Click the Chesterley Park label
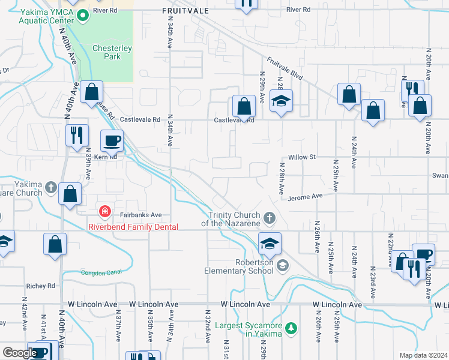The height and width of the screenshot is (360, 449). point(106,53)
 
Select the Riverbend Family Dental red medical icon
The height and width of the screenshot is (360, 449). point(105,211)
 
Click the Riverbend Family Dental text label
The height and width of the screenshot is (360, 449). point(133,227)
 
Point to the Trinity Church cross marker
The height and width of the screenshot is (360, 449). point(270,217)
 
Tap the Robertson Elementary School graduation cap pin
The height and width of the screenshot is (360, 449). point(270,243)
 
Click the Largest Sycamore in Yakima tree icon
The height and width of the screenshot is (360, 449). point(291,328)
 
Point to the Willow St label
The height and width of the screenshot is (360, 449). point(302,157)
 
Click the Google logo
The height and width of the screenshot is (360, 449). point(20,353)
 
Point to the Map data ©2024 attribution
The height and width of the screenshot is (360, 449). point(423,355)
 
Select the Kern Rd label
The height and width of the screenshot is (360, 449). point(104,156)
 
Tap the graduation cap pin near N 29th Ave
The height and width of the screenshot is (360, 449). point(280,101)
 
